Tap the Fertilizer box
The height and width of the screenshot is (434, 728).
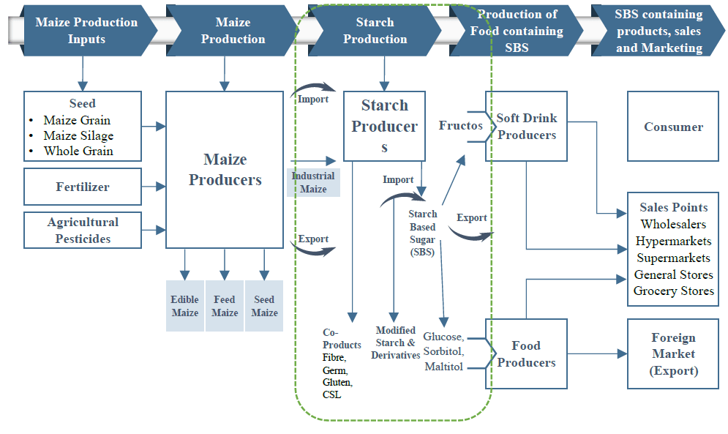(x=83, y=187)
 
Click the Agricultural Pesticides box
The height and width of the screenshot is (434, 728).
(x=83, y=230)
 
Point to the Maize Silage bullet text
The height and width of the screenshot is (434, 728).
(x=78, y=135)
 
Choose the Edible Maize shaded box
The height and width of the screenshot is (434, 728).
(x=184, y=306)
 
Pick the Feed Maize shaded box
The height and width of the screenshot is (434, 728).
(x=225, y=306)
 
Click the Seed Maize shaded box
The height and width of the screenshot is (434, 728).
(x=264, y=306)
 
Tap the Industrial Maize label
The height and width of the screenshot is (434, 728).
(x=313, y=182)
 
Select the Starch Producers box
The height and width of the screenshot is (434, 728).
(x=384, y=126)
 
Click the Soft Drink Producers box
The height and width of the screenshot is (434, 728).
(x=526, y=127)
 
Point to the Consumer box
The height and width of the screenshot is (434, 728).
(x=673, y=127)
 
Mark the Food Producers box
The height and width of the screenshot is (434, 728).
(x=526, y=353)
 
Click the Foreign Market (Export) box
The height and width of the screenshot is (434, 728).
(x=673, y=353)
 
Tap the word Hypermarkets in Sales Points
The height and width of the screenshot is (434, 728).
(x=673, y=241)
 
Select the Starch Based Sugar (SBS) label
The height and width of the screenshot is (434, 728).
(x=422, y=233)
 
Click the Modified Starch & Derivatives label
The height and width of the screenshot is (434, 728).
(x=396, y=343)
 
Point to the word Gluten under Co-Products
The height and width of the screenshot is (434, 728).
(x=337, y=383)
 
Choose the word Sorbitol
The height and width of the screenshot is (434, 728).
(x=444, y=351)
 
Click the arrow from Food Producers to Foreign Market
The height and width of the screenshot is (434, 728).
(x=597, y=353)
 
